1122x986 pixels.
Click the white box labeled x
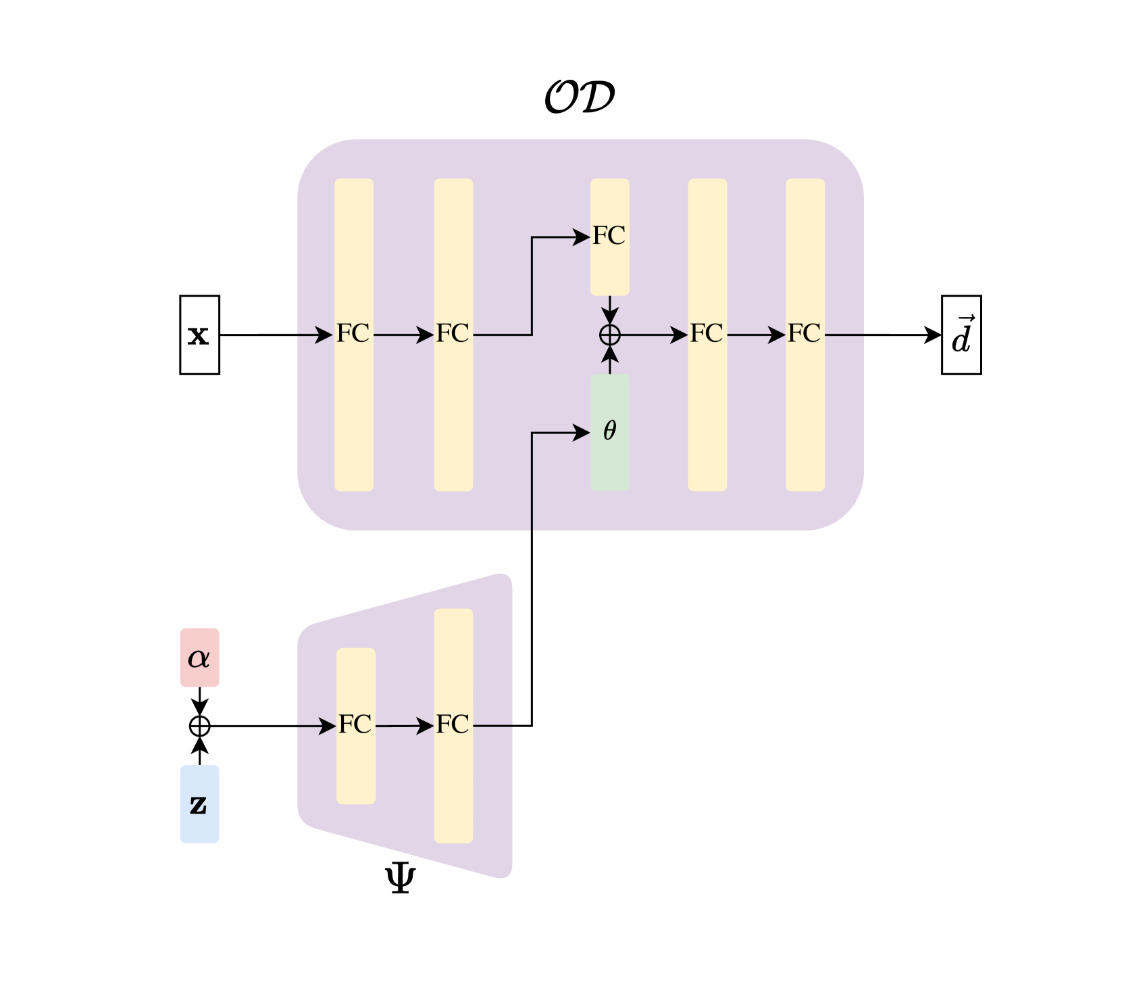(199, 335)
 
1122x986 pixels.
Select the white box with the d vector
(961, 335)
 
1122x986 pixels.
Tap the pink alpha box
(199, 658)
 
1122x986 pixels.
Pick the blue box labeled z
(199, 804)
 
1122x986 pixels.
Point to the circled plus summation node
(610, 335)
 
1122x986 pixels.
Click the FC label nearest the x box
(353, 333)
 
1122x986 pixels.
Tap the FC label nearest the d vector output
(805, 333)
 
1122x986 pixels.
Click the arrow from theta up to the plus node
(610, 358)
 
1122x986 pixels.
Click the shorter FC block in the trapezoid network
(356, 764)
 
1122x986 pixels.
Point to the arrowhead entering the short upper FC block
(582, 237)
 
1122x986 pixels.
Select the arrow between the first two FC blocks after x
(403, 335)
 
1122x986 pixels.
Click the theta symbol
(610, 430)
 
